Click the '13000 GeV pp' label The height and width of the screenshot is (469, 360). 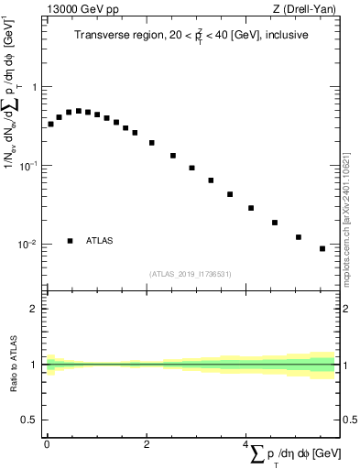82,10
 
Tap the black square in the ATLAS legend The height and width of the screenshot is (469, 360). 71,241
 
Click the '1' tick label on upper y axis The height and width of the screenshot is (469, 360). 35,87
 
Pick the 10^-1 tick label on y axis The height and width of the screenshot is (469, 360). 29,166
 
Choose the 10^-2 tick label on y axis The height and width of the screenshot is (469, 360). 29,245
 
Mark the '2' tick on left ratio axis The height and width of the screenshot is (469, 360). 35,309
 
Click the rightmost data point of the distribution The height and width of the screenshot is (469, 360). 322,248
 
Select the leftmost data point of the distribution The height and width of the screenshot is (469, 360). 50,124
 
